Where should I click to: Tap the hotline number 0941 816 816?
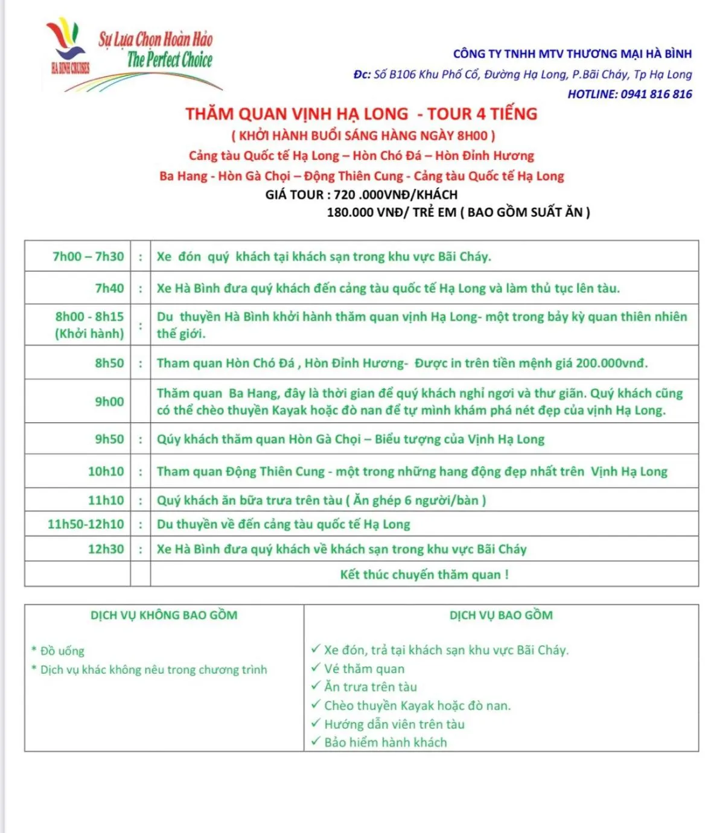(x=656, y=94)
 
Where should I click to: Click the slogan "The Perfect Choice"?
(x=170, y=60)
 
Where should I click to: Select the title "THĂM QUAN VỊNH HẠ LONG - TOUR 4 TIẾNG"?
(x=361, y=114)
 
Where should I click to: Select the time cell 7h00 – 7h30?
(x=88, y=257)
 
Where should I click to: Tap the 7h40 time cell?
(x=109, y=289)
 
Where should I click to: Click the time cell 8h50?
(x=109, y=363)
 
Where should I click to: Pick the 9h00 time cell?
(x=109, y=401)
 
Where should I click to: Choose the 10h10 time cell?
(x=106, y=471)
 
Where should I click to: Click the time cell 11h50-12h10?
(x=86, y=524)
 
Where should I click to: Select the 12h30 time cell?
(x=106, y=549)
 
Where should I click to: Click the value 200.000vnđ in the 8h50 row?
(x=611, y=363)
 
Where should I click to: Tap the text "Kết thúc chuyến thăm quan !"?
(x=424, y=575)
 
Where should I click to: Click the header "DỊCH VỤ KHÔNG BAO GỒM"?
(x=164, y=615)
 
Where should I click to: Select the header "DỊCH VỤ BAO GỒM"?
(x=501, y=615)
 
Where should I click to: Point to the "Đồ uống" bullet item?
(x=62, y=651)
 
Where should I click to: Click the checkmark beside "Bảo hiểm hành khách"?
(x=316, y=741)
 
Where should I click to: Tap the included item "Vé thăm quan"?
(x=364, y=669)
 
